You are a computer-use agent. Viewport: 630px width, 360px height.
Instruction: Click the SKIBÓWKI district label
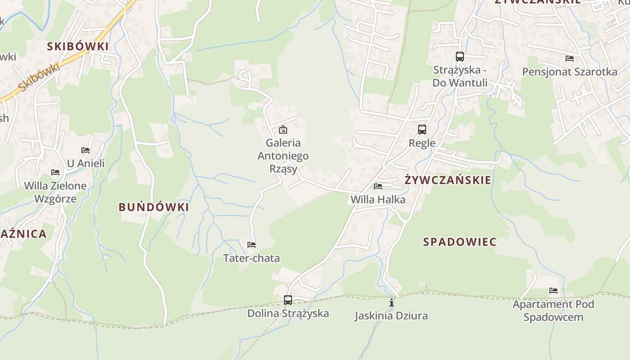click(x=78, y=46)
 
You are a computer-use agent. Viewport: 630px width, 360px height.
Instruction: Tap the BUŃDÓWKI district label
click(x=154, y=207)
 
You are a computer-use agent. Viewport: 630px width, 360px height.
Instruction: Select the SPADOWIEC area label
click(x=459, y=242)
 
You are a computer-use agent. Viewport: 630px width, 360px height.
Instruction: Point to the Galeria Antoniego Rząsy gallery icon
click(x=283, y=130)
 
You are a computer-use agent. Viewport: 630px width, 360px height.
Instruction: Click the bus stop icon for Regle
click(x=422, y=130)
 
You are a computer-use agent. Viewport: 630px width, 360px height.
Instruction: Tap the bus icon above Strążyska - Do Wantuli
click(x=459, y=57)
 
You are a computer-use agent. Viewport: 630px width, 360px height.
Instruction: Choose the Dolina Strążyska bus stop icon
click(x=288, y=300)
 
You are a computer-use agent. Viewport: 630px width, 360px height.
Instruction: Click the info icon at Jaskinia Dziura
click(x=391, y=302)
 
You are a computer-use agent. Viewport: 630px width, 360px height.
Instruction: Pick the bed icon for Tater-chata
click(x=252, y=245)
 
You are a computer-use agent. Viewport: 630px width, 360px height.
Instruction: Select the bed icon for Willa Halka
click(x=378, y=186)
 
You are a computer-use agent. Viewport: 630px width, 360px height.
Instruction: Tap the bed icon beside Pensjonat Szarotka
click(x=570, y=58)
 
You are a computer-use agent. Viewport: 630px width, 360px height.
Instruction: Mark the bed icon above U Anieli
click(x=85, y=150)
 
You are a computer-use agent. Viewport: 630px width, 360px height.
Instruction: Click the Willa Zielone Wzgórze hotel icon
click(x=55, y=172)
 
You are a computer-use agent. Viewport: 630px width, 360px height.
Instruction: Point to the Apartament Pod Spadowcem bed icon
click(x=553, y=291)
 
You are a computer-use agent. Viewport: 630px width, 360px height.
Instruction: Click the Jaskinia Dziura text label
click(x=391, y=315)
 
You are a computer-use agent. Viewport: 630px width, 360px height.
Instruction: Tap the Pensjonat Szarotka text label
click(x=570, y=72)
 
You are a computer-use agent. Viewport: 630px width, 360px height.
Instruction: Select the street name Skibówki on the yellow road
click(x=40, y=77)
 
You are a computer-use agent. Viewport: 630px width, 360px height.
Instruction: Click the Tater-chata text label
click(x=252, y=258)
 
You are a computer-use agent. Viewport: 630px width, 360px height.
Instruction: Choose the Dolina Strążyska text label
click(x=288, y=313)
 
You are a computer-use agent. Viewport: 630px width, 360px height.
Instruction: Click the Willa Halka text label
click(x=378, y=199)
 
